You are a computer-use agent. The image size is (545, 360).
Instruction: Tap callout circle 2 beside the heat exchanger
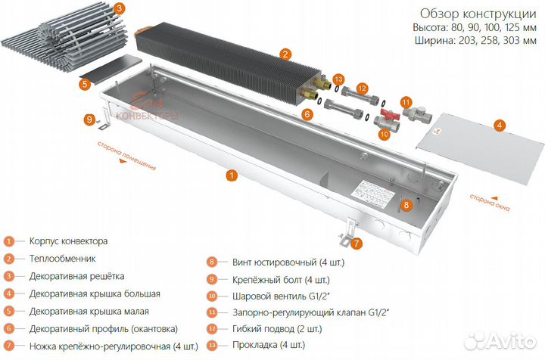285,54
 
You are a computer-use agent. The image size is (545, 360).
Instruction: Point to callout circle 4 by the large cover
498,125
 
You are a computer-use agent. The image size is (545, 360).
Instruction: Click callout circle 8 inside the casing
406,204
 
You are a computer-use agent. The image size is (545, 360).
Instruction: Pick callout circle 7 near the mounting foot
357,243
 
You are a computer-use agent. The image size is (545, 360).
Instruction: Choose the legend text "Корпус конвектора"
68,241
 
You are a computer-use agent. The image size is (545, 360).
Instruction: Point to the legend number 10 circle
213,296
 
